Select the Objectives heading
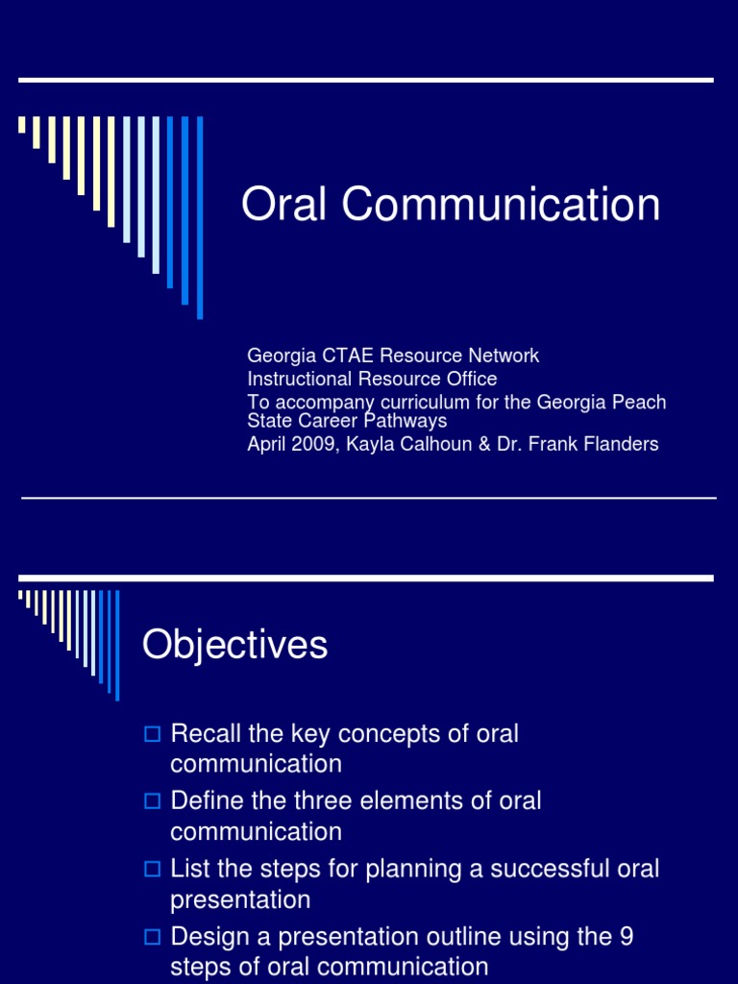tap(234, 645)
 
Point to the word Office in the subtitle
tap(470, 379)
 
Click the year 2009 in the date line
tap(311, 444)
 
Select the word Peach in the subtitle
tap(641, 402)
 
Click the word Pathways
tap(409, 421)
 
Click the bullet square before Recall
tap(151, 735)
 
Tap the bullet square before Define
tap(151, 801)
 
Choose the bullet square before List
tap(151, 870)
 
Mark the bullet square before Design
tap(151, 937)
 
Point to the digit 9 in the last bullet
tap(625, 937)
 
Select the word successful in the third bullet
tap(518, 869)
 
